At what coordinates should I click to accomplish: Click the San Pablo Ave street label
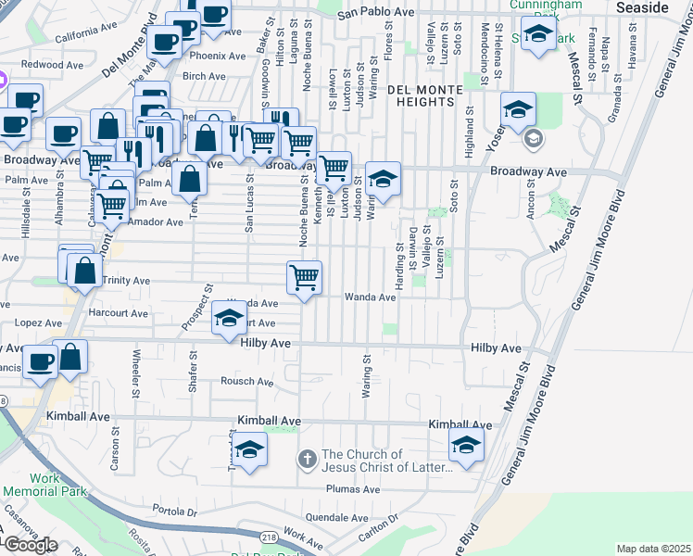point(375,13)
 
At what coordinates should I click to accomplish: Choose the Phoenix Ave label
point(220,57)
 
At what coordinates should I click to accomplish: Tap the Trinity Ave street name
point(126,280)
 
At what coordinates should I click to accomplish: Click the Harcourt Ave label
point(119,313)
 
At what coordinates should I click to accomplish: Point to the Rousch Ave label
point(247,381)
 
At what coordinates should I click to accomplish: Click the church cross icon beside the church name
point(308,459)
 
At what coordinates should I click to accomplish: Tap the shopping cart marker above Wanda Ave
point(305,276)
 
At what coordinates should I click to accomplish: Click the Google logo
point(30,546)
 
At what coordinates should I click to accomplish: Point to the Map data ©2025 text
point(653,549)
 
